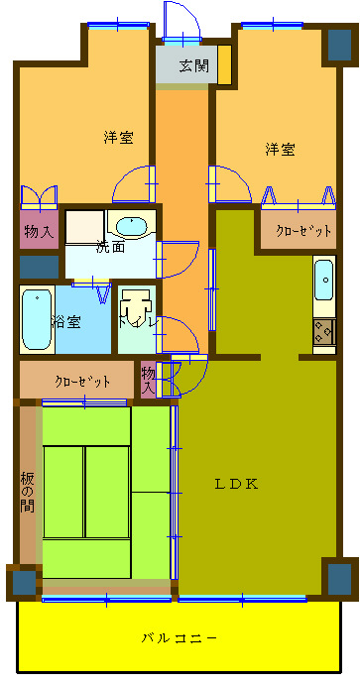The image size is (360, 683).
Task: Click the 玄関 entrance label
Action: tap(193, 67)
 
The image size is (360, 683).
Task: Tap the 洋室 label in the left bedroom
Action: tap(119, 138)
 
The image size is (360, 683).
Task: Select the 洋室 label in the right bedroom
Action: tap(280, 150)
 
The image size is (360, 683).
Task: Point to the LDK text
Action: tap(238, 484)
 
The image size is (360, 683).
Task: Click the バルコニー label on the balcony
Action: tap(180, 637)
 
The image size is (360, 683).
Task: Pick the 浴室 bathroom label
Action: tap(66, 321)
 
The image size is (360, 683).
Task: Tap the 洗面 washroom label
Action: tap(110, 246)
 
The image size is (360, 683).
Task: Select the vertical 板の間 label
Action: tap(27, 493)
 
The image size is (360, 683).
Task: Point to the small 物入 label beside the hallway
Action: tap(148, 380)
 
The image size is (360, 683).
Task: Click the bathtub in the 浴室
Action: tap(37, 319)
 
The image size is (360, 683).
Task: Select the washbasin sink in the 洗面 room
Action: tap(130, 225)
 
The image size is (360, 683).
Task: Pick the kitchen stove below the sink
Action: tap(324, 332)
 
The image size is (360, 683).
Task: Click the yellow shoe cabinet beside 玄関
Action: tap(224, 63)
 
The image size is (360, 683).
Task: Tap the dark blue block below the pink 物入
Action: tap(39, 266)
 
